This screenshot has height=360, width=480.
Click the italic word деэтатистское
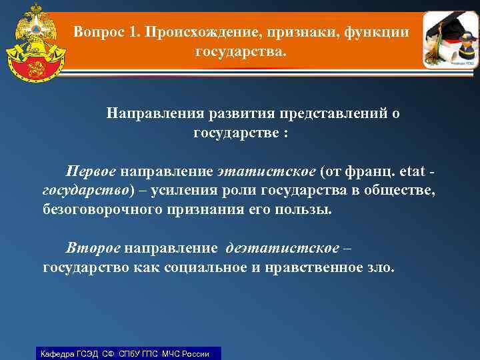(x=282, y=249)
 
